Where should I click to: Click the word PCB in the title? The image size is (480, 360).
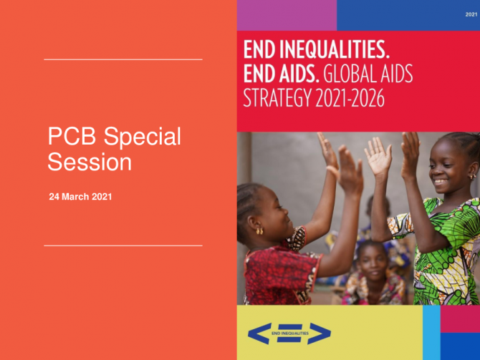72,136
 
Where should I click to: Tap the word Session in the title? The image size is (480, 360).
90,162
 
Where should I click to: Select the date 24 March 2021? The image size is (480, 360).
80,196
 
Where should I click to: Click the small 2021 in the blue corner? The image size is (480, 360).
471,14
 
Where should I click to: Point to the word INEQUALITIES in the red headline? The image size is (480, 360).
335,50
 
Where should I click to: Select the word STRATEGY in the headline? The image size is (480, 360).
277,98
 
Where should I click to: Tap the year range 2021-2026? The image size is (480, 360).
350,98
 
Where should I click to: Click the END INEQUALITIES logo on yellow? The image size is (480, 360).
289,334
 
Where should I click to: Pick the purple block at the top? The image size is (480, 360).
287,15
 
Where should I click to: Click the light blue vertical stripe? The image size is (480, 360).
431,333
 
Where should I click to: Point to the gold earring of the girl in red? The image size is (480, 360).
259,231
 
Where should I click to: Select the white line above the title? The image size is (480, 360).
123,59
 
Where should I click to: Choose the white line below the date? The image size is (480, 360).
123,245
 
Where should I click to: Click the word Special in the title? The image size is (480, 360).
143,137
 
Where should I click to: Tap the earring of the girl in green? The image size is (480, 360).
471,177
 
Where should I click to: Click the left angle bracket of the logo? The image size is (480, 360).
259,334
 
